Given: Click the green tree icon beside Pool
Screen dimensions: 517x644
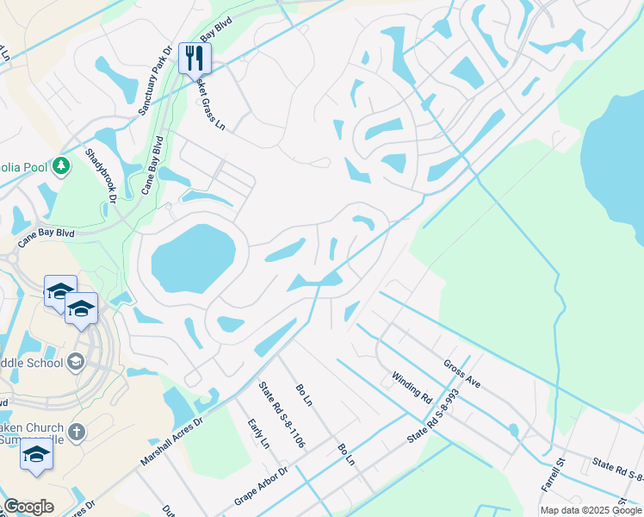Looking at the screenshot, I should pos(60,165).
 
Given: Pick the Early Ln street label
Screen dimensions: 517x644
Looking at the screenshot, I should pos(258,433).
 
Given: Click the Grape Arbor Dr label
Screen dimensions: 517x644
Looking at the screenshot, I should pos(260,488).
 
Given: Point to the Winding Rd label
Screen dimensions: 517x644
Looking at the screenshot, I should pos(411,387).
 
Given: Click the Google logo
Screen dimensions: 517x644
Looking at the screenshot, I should pos(28,507).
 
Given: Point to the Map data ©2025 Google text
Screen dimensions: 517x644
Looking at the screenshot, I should pos(590,510).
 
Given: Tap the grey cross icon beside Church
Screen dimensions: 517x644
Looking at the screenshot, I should pos(77,432).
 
